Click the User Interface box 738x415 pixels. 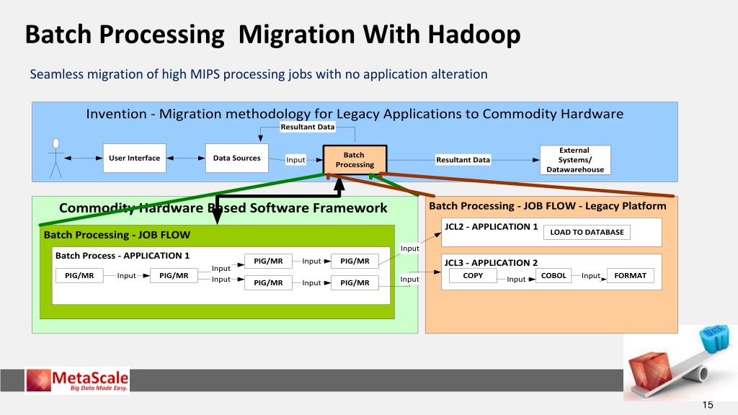point(134,159)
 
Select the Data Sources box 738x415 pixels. point(236,159)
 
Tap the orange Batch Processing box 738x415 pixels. point(354,160)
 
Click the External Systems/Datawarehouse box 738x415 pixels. point(575,160)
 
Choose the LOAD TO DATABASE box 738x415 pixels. point(587,232)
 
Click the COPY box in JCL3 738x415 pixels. point(473,276)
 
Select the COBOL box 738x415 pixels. point(553,276)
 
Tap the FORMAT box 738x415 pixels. point(631,276)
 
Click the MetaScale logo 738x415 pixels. point(77,380)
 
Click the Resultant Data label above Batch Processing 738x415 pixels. point(308,128)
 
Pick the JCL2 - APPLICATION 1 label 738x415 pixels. point(492,226)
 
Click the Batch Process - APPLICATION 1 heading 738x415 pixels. point(123,256)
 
